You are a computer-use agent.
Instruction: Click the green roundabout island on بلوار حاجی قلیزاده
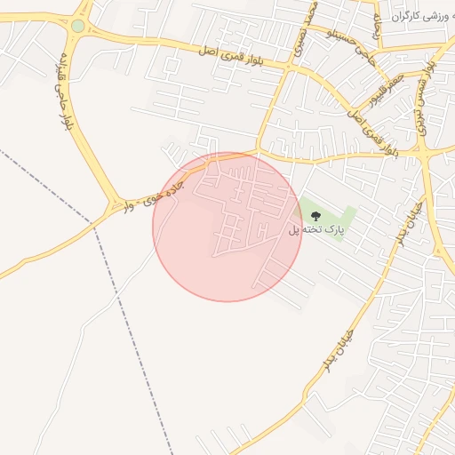point(78,26)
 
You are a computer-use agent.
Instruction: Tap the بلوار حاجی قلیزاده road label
point(64,90)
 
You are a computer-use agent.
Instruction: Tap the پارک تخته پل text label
point(315,230)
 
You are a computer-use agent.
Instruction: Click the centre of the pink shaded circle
point(227,227)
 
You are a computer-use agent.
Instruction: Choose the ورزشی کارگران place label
point(416,17)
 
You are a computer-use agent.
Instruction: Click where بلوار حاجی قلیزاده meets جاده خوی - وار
point(115,207)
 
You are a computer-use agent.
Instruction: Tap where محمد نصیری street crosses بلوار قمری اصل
point(290,66)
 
